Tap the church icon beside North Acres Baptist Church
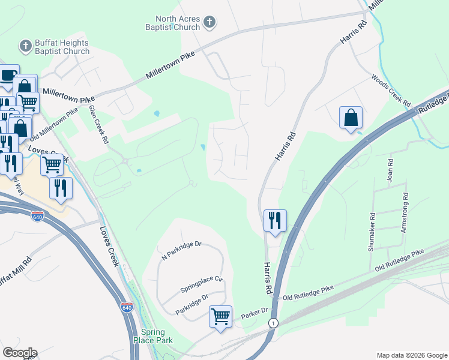pos(209,23)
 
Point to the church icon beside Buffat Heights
pos(25,46)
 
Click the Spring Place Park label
pos(157,336)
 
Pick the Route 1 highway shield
pos(274,323)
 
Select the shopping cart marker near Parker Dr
pos(220,316)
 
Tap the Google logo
pos(20,353)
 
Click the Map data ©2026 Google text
pos(411,355)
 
